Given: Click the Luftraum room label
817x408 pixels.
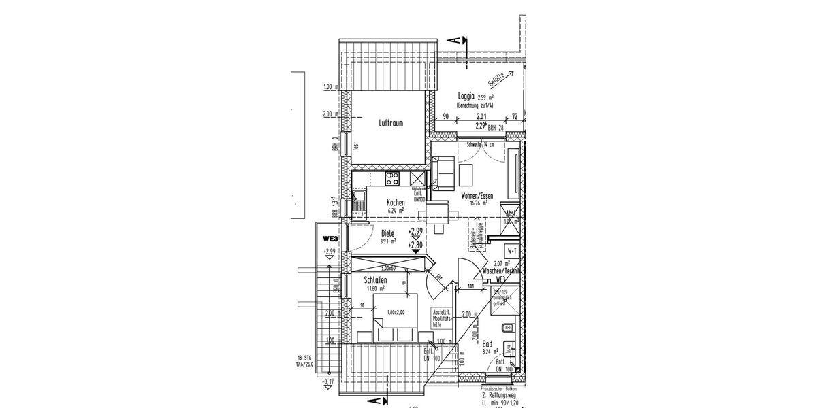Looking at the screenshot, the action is [391, 123].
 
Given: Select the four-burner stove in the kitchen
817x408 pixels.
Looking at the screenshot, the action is [393, 179].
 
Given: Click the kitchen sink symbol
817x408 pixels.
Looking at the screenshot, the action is [358, 201].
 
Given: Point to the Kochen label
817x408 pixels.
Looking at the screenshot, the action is [396, 203].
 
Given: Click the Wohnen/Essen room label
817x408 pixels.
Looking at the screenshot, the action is [477, 195].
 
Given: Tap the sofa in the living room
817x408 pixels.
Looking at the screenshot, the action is [443, 173].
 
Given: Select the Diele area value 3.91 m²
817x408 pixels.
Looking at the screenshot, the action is [388, 241].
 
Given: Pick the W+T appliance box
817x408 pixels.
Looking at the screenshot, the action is [512, 251].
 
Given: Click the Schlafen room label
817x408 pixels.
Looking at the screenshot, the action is [375, 280].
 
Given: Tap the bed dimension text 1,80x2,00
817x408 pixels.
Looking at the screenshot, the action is [395, 312].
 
